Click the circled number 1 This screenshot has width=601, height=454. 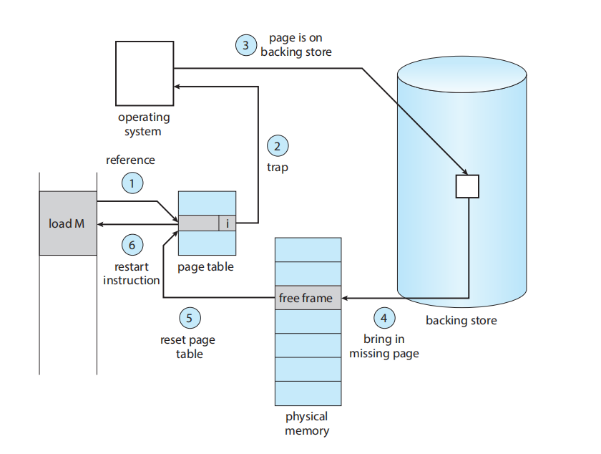(x=132, y=184)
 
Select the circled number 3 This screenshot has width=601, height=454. (x=246, y=46)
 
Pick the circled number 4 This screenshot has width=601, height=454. (x=384, y=317)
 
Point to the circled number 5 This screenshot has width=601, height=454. (x=189, y=317)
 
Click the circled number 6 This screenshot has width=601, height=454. (x=132, y=245)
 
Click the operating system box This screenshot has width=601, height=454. (x=145, y=73)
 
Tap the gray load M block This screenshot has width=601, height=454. (x=68, y=223)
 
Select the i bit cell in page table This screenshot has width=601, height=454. (x=228, y=223)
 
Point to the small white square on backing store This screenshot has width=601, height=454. (x=467, y=186)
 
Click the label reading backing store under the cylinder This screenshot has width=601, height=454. (x=461, y=320)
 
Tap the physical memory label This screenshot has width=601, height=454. (x=306, y=423)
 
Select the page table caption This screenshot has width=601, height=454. (x=205, y=266)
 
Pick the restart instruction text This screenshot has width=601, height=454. (x=132, y=273)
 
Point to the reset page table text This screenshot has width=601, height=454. (x=189, y=347)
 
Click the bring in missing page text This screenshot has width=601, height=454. (x=383, y=346)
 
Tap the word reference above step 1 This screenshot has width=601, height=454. (x=130, y=160)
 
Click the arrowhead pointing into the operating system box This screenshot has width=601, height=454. (x=178, y=86)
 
